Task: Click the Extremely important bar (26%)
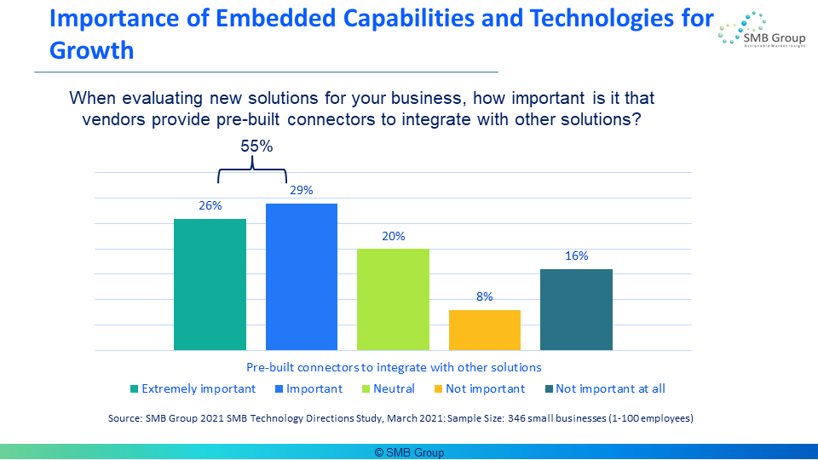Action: (x=210, y=285)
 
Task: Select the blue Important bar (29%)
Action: (x=302, y=276)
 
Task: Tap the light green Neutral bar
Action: (x=393, y=299)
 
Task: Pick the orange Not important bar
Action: (x=485, y=331)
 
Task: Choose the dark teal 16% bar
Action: (x=577, y=310)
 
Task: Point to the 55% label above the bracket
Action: (x=256, y=146)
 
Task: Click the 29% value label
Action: (x=302, y=190)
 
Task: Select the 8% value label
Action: (x=485, y=296)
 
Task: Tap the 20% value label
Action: (x=394, y=236)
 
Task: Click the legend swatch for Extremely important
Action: (x=134, y=389)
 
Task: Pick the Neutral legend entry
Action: (x=389, y=389)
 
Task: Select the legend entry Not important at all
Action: (x=605, y=389)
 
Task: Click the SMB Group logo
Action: (x=761, y=31)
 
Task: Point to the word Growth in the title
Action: (x=92, y=50)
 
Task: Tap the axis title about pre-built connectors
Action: (x=394, y=367)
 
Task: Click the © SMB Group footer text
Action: (x=410, y=452)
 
